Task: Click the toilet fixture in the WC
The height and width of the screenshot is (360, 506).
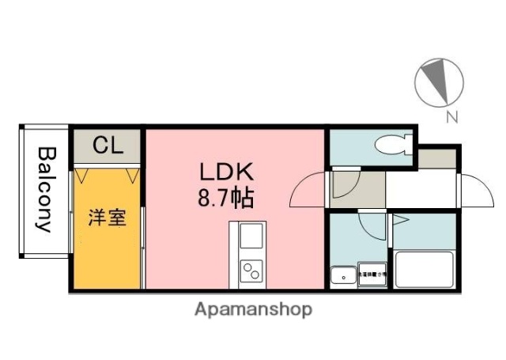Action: click(x=392, y=146)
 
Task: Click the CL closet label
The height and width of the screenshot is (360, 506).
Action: click(x=108, y=146)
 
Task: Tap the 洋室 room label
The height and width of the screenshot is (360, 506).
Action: click(x=107, y=217)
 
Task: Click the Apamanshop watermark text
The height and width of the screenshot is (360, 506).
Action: click(x=253, y=309)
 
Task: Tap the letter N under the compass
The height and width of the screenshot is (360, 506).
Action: click(x=452, y=119)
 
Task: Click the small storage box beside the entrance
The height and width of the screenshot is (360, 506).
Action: click(x=436, y=158)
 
